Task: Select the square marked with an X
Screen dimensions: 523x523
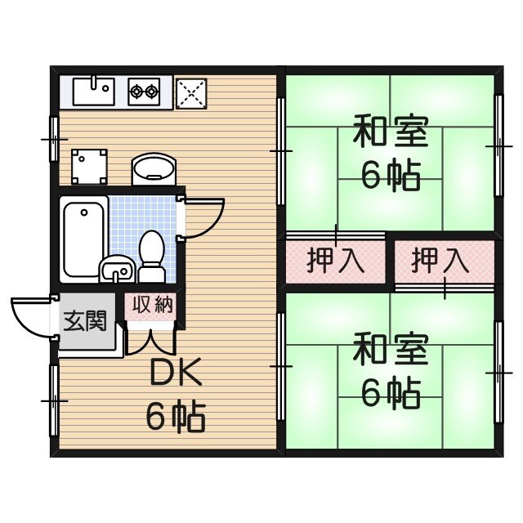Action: tap(191, 91)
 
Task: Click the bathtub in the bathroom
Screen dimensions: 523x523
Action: tap(83, 237)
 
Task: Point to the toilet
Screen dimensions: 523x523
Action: tap(151, 249)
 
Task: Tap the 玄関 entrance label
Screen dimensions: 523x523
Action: tap(84, 320)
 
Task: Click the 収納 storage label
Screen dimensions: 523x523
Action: tap(153, 305)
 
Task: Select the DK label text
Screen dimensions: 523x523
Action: tap(174, 374)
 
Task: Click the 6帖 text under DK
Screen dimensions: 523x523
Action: tap(175, 416)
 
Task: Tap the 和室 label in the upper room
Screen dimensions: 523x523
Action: tap(390, 132)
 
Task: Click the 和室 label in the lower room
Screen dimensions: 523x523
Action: tap(390, 351)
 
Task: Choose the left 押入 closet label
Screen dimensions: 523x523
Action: tap(335, 261)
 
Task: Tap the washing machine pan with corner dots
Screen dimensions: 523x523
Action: tap(88, 167)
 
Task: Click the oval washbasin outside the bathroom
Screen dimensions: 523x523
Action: tap(153, 169)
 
